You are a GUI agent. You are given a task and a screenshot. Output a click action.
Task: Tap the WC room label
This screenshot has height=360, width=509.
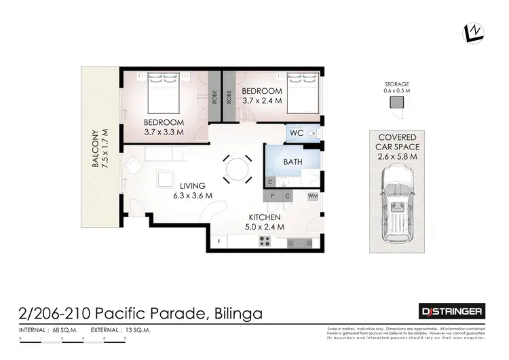[x=296, y=133]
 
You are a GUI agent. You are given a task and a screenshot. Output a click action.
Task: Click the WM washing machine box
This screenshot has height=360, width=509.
[x=313, y=196]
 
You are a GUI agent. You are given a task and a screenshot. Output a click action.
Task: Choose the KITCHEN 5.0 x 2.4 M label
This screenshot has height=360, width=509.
[x=265, y=221]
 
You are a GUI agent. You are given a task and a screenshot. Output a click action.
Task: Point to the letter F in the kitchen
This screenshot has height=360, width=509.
[x=219, y=241]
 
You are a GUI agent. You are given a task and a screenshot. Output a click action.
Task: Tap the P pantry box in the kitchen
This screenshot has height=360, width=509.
[x=271, y=196]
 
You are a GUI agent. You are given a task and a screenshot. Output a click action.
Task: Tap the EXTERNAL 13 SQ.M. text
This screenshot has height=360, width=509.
[x=119, y=330]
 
